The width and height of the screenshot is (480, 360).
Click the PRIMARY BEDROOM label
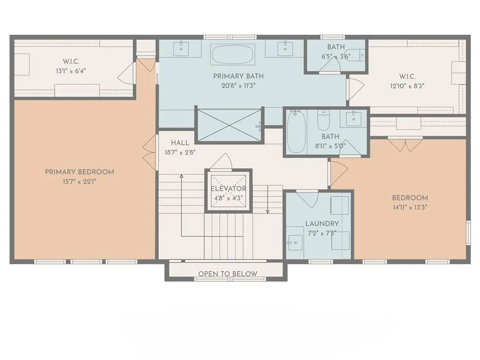tap(79, 172)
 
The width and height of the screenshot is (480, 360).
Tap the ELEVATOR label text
tap(228, 188)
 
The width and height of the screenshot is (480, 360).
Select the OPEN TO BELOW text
tap(227, 274)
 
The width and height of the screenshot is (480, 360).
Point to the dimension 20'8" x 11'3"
tap(238, 85)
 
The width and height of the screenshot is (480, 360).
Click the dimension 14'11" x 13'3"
tap(410, 207)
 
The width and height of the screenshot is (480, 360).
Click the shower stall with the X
tap(228, 124)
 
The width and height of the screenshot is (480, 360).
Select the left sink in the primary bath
tap(181, 47)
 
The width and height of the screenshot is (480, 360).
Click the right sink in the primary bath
tap(285, 47)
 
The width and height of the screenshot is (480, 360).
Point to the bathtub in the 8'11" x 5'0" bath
tap(296, 132)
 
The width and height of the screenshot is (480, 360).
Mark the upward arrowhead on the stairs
tap(181, 177)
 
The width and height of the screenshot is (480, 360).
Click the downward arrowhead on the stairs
tap(268, 211)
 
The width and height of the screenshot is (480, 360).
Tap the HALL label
tap(180, 143)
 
